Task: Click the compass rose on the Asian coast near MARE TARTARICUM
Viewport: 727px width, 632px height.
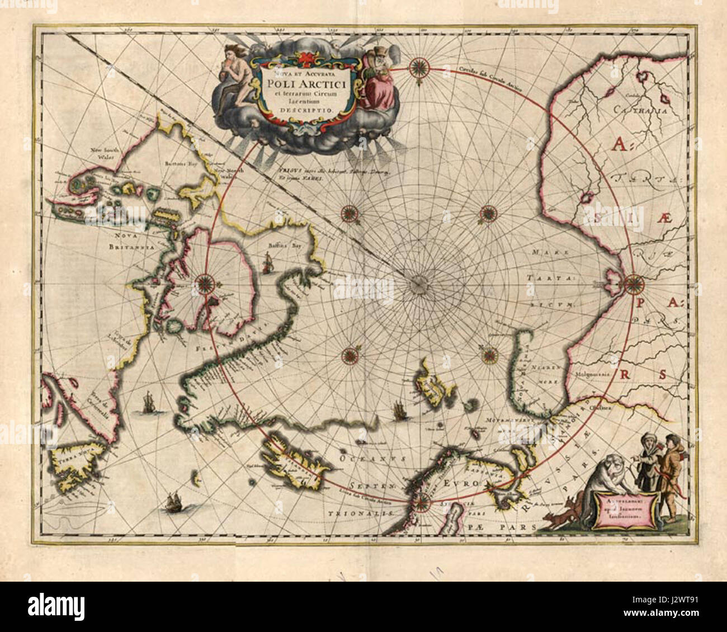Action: click(x=634, y=284)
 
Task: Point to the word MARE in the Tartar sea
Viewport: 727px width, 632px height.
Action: click(x=545, y=253)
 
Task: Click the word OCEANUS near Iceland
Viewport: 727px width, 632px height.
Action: click(x=361, y=458)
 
